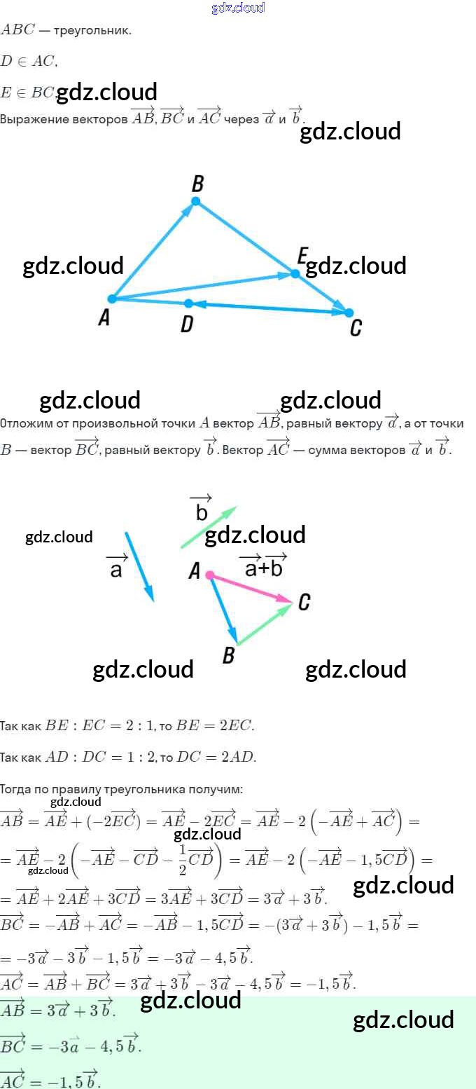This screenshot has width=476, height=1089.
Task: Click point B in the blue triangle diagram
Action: [x=196, y=201]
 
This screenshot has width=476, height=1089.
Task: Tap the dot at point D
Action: [x=188, y=303]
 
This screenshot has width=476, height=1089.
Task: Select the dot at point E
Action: [x=295, y=273]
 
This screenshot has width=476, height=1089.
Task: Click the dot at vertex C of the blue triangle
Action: [x=349, y=313]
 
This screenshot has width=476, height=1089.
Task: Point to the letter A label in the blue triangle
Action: [x=104, y=318]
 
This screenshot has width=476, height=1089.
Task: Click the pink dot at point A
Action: [x=210, y=575]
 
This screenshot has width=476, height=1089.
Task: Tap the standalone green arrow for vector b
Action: [x=209, y=527]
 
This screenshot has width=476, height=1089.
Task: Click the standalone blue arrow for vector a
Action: [x=139, y=566]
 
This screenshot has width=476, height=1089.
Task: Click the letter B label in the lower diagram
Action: [x=228, y=656]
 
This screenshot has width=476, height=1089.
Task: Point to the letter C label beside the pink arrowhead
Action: [x=304, y=602]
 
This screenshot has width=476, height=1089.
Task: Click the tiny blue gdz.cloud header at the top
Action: [x=238, y=8]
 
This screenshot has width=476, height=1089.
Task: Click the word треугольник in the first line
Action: [x=92, y=31]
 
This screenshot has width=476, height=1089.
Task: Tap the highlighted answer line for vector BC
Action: [x=70, y=1046]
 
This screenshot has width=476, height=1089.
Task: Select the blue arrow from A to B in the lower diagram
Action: [x=224, y=609]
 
